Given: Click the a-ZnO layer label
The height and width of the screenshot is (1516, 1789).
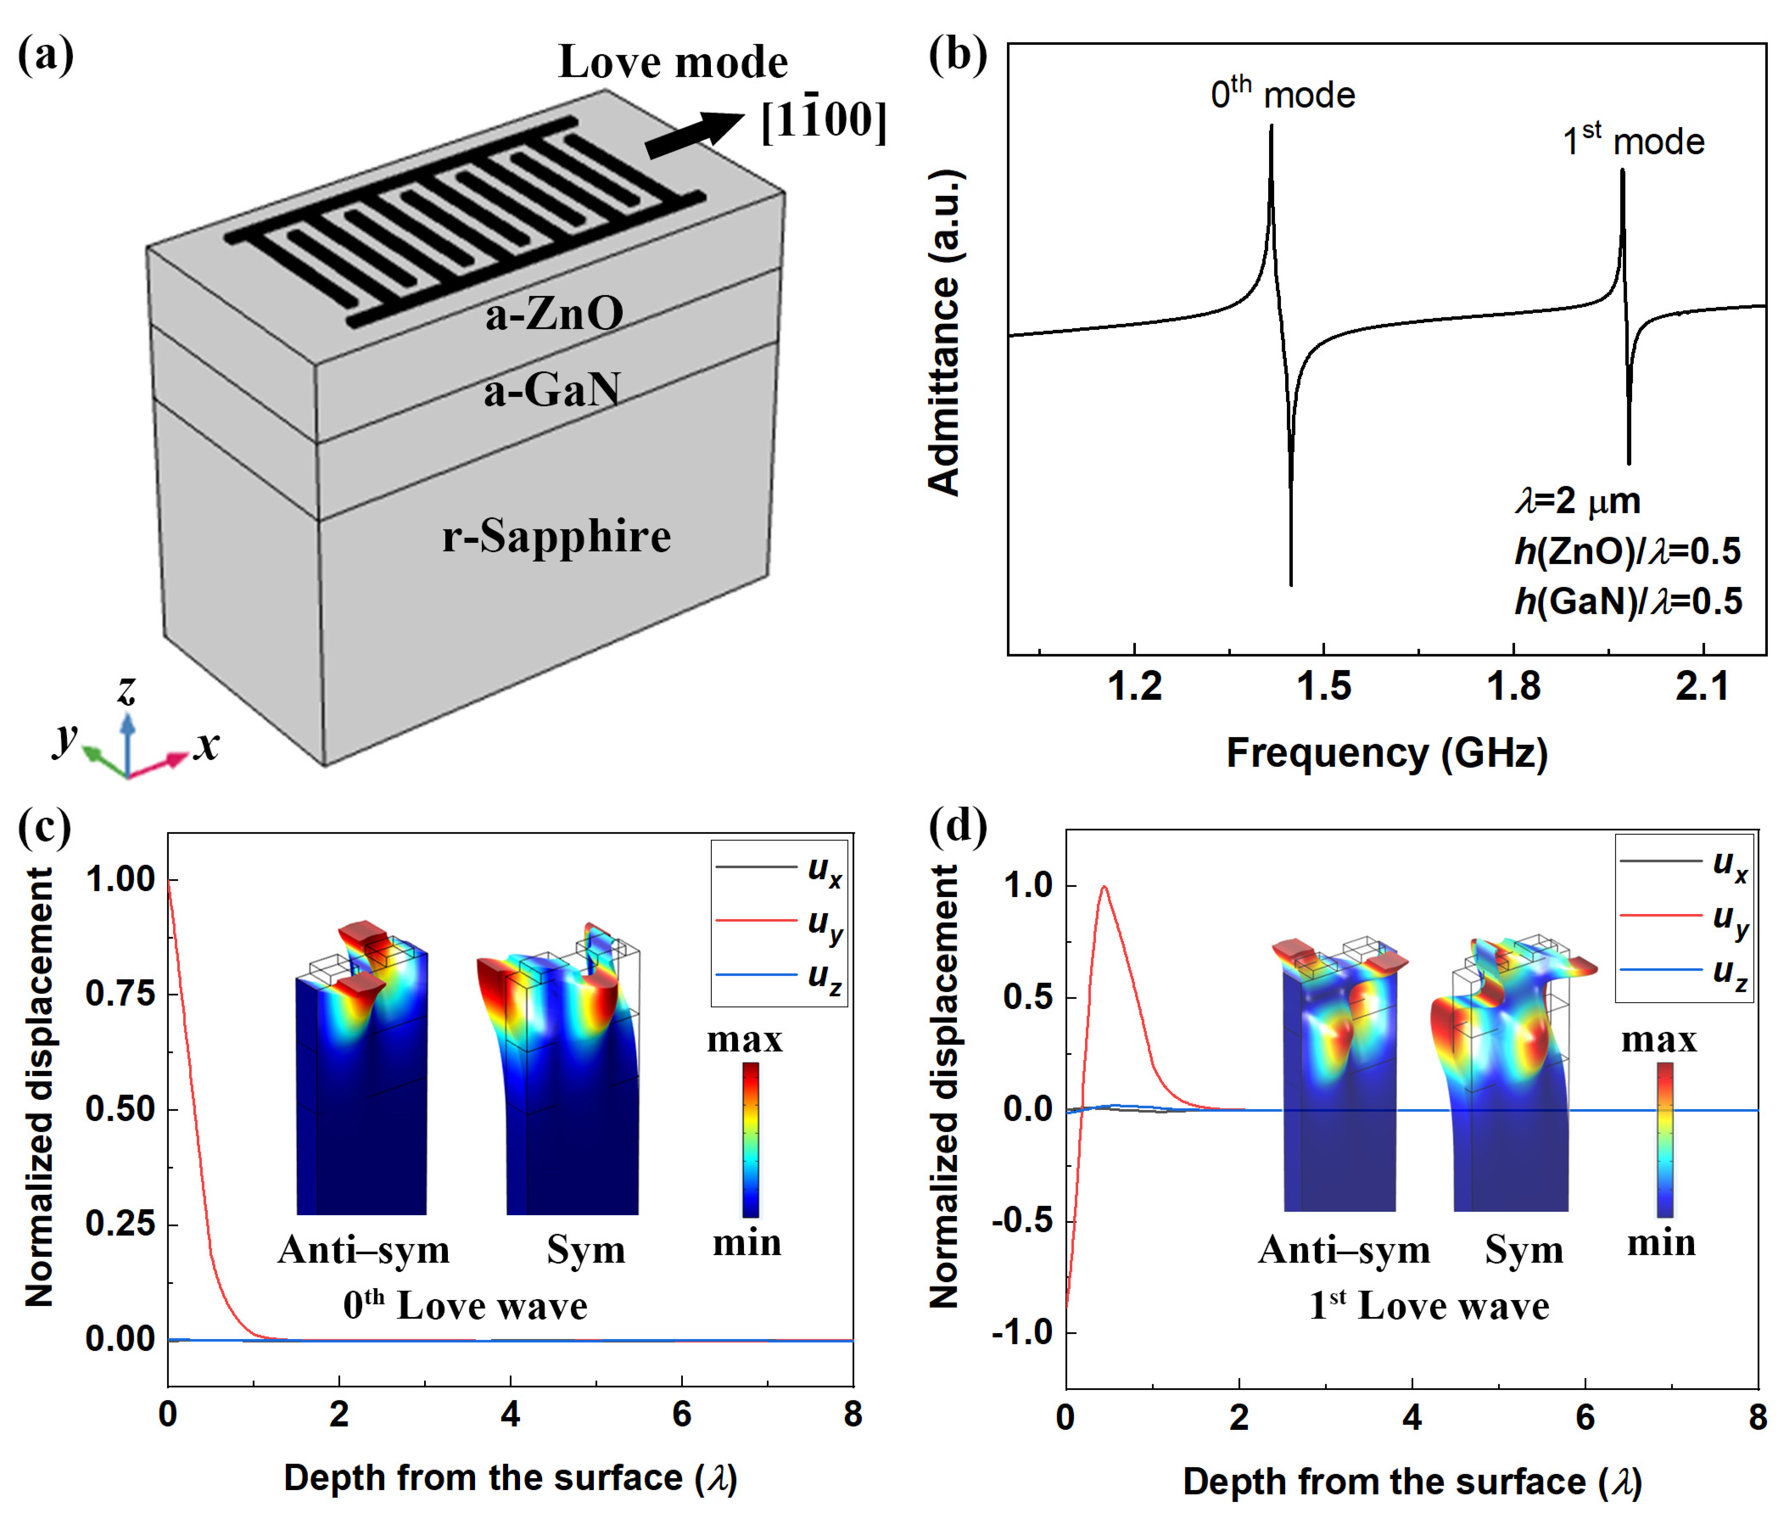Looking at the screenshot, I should point(554,314).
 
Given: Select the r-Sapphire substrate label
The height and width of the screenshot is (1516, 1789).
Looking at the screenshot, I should point(556,536).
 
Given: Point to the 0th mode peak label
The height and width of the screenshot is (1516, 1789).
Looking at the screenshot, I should point(1282,93).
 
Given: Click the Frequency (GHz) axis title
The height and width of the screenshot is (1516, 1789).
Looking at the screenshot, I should point(1386,753).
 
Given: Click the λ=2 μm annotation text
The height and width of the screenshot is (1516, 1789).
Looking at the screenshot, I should point(1578,500).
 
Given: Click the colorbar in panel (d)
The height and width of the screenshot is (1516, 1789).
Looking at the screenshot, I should point(1664,1139).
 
